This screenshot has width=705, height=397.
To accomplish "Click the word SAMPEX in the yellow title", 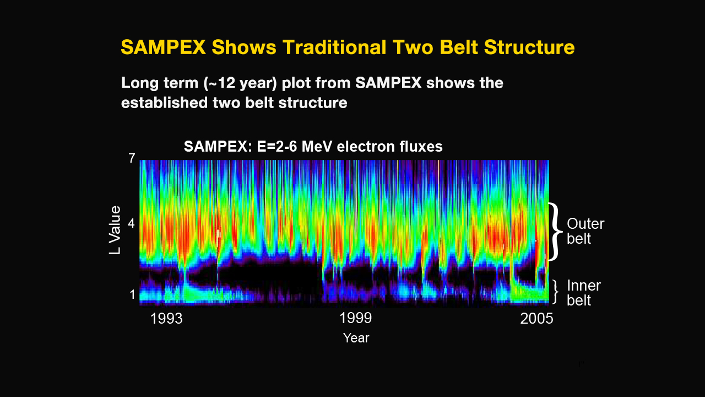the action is (164, 47).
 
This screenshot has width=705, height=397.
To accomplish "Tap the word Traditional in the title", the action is (334, 47).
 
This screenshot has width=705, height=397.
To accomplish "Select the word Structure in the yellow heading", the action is (529, 47).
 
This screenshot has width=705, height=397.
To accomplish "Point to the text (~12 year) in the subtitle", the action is (240, 83).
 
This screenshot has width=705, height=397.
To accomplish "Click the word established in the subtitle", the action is (165, 103).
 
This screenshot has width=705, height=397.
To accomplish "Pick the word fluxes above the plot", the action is (421, 147).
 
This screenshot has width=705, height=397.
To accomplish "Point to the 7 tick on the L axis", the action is (132, 158).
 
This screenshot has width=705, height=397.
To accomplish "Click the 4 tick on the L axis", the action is (131, 223).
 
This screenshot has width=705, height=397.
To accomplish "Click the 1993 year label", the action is (166, 319).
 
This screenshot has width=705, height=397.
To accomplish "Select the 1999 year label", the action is (356, 318).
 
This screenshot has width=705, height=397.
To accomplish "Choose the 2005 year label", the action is (536, 319).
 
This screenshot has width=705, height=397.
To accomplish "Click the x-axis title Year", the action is (356, 338).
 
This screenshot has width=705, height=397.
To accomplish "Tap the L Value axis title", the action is (115, 230).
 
